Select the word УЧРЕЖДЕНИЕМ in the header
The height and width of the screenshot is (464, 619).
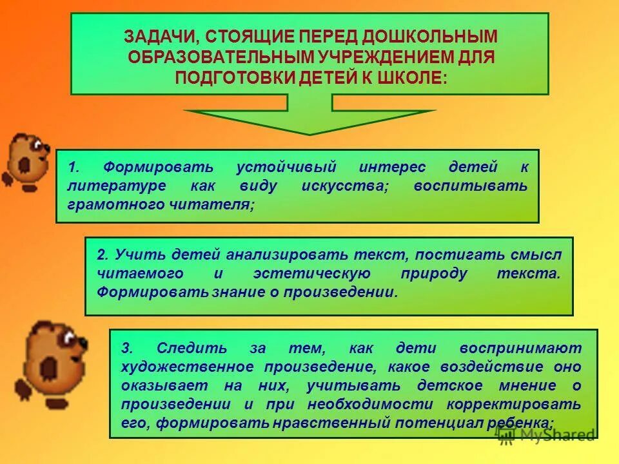[x=370, y=57]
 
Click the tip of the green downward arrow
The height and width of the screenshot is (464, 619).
[x=310, y=133]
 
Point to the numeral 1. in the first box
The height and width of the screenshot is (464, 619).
[x=74, y=168]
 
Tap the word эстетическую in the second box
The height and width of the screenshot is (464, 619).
[x=311, y=273]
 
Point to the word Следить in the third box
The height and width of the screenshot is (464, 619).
[x=192, y=349]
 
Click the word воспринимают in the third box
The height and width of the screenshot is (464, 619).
[x=520, y=349]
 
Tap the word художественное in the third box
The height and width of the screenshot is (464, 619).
[x=187, y=367]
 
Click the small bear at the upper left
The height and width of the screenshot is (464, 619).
[x=26, y=161]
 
